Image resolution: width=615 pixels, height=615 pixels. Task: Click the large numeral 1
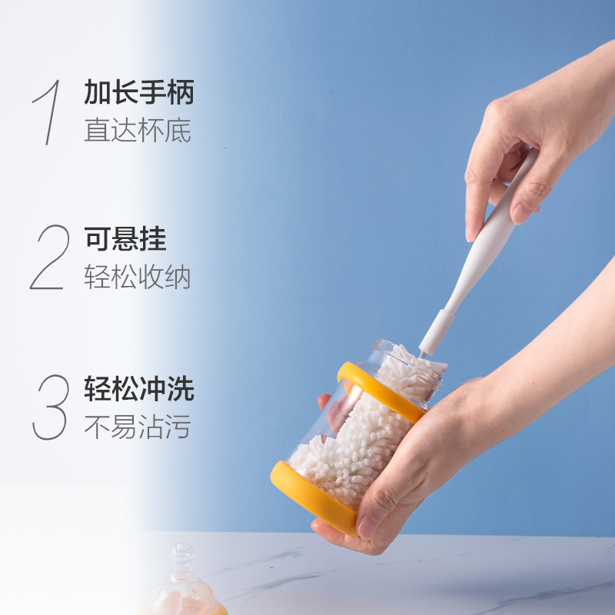click(48, 112)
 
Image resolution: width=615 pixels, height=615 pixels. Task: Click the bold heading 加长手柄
click(138, 94)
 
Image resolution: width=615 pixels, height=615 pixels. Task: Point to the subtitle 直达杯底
click(138, 130)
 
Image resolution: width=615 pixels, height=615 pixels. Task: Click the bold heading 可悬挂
click(125, 240)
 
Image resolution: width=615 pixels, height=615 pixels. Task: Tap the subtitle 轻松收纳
click(138, 278)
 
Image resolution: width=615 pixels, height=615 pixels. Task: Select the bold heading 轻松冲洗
click(138, 389)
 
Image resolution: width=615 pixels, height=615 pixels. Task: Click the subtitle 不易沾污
click(138, 425)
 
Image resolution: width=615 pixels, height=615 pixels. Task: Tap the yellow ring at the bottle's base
click(307, 496)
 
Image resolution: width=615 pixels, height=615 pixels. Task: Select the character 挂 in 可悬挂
click(152, 240)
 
